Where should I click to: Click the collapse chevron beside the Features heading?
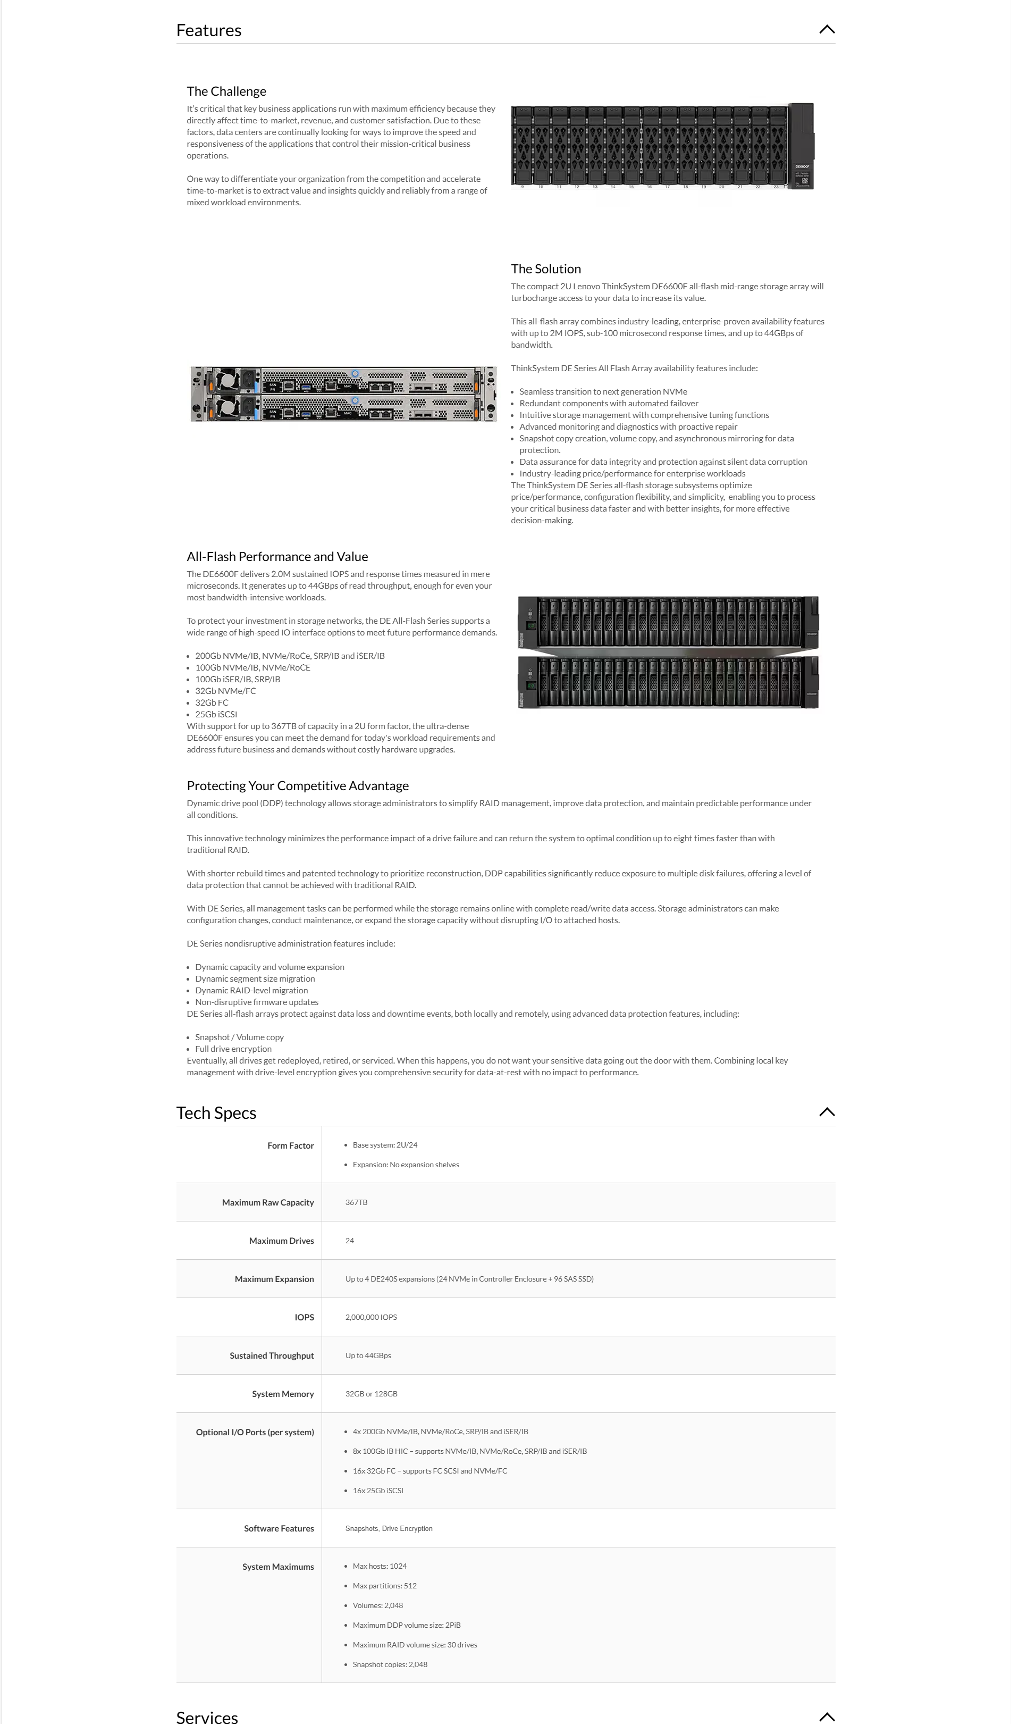pos(827,29)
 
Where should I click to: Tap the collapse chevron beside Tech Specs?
pos(827,1112)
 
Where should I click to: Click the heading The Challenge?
pos(226,91)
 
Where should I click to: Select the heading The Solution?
pos(546,269)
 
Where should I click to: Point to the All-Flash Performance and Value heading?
pos(277,557)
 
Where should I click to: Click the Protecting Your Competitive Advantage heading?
pos(298,786)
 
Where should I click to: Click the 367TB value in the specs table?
pos(356,1202)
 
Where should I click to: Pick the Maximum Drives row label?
pos(281,1240)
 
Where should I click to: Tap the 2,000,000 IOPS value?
pos(370,1317)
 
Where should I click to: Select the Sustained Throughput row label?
pos(272,1355)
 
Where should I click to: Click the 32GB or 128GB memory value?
pos(370,1394)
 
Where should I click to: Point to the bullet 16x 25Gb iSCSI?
pos(377,1491)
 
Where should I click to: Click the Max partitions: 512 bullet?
pos(384,1586)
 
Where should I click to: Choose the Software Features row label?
pos(279,1528)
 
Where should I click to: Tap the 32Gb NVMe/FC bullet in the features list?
pos(226,691)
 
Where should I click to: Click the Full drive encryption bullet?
pos(233,1049)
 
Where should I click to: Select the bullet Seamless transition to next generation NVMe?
pos(603,392)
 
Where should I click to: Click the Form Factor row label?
pos(290,1145)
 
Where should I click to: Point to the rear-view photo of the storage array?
pos(343,394)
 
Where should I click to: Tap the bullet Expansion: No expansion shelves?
pos(406,1165)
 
